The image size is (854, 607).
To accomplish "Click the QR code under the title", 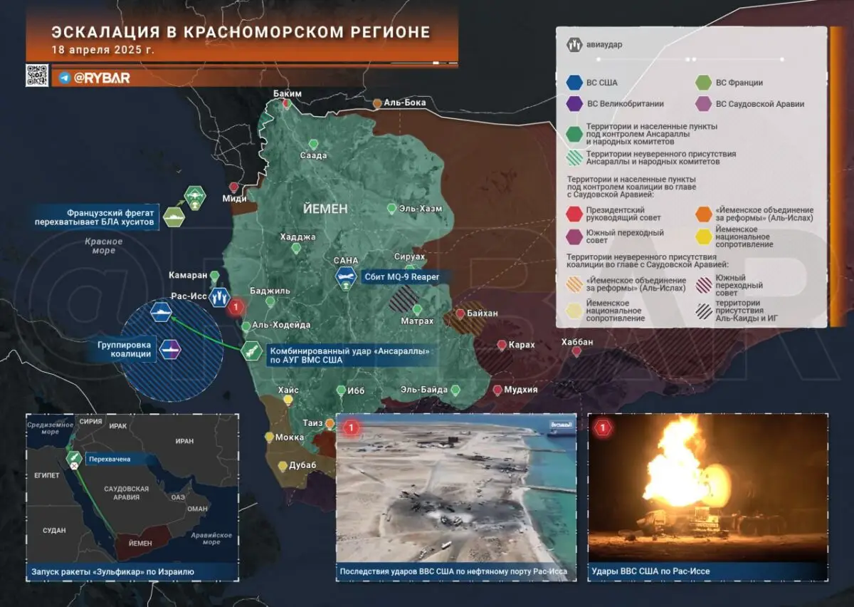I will (37, 76).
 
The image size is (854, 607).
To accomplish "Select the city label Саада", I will (313, 155).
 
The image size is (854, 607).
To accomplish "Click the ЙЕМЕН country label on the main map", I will (325, 209).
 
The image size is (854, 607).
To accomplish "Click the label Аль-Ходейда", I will (282, 325).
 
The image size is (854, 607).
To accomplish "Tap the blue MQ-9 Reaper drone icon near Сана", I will (347, 278).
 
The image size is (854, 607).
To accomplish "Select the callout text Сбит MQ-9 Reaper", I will (402, 277).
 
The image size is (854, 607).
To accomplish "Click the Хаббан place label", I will (576, 342).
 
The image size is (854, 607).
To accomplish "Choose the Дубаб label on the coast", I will (302, 465).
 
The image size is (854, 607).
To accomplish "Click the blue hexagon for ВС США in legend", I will (574, 83).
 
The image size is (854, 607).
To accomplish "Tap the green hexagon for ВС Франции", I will (704, 83).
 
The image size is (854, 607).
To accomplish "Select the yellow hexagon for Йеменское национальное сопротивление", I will (704, 237).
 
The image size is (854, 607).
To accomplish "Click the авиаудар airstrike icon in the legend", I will (574, 45).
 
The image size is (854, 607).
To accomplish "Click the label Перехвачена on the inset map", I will (109, 460).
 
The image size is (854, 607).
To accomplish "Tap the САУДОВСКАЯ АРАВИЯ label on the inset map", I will (126, 493).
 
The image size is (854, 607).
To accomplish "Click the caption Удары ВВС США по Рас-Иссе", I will (650, 571).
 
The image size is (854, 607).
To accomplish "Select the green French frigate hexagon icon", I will (174, 216).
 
